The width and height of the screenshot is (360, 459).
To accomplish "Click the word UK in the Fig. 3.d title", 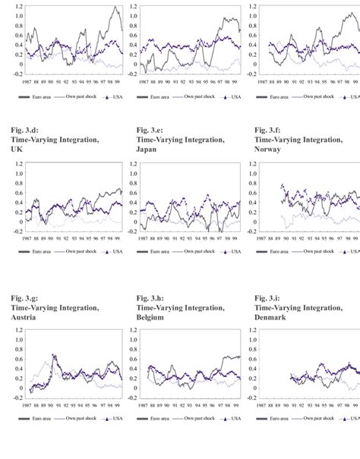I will tap(16, 149).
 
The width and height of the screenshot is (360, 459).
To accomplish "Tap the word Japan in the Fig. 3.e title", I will tap(149, 149).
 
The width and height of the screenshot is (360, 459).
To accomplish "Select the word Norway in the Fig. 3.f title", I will tap(270, 149).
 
